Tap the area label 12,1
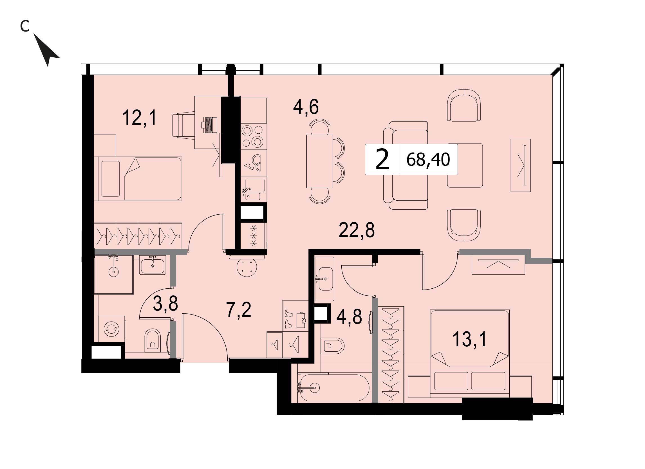139,118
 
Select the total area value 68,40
428,160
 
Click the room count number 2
382,160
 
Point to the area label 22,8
357,230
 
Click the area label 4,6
306,107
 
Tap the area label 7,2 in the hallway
239,309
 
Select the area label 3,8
165,304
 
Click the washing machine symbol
112,329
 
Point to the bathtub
333,388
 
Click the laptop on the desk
210,125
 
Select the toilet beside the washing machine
153,341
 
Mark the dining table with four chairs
319,161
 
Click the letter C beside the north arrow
25,27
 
